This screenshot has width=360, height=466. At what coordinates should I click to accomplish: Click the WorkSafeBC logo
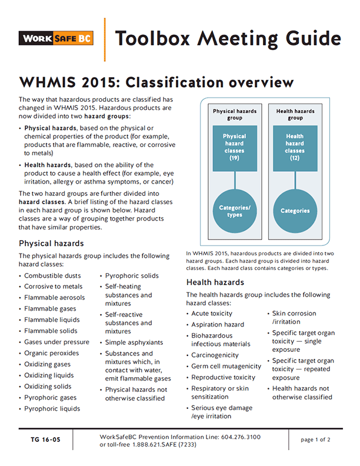(55, 39)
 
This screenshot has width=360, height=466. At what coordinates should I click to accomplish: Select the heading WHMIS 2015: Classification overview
(156, 81)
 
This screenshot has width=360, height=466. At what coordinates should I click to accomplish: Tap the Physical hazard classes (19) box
(235, 147)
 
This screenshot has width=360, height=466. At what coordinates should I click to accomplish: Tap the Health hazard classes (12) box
(295, 147)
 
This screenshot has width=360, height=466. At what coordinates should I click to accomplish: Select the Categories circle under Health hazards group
(295, 211)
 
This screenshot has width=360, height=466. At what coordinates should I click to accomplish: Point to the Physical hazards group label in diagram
(235, 114)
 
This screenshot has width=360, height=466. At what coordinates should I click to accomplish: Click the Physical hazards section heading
(51, 243)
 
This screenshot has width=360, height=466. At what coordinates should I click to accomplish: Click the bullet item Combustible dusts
(53, 275)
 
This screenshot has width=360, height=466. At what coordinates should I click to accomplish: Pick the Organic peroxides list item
(51, 353)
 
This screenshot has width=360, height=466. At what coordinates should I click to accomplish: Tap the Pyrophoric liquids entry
(52, 408)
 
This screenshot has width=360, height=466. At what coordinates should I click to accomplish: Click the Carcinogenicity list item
(215, 355)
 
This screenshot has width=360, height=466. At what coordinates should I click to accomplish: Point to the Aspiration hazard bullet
(217, 325)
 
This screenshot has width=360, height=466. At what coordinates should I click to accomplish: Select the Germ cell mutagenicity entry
(226, 366)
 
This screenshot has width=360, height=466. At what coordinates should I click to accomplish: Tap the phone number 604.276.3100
(238, 437)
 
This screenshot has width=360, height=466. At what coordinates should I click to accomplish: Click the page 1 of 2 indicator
(315, 440)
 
